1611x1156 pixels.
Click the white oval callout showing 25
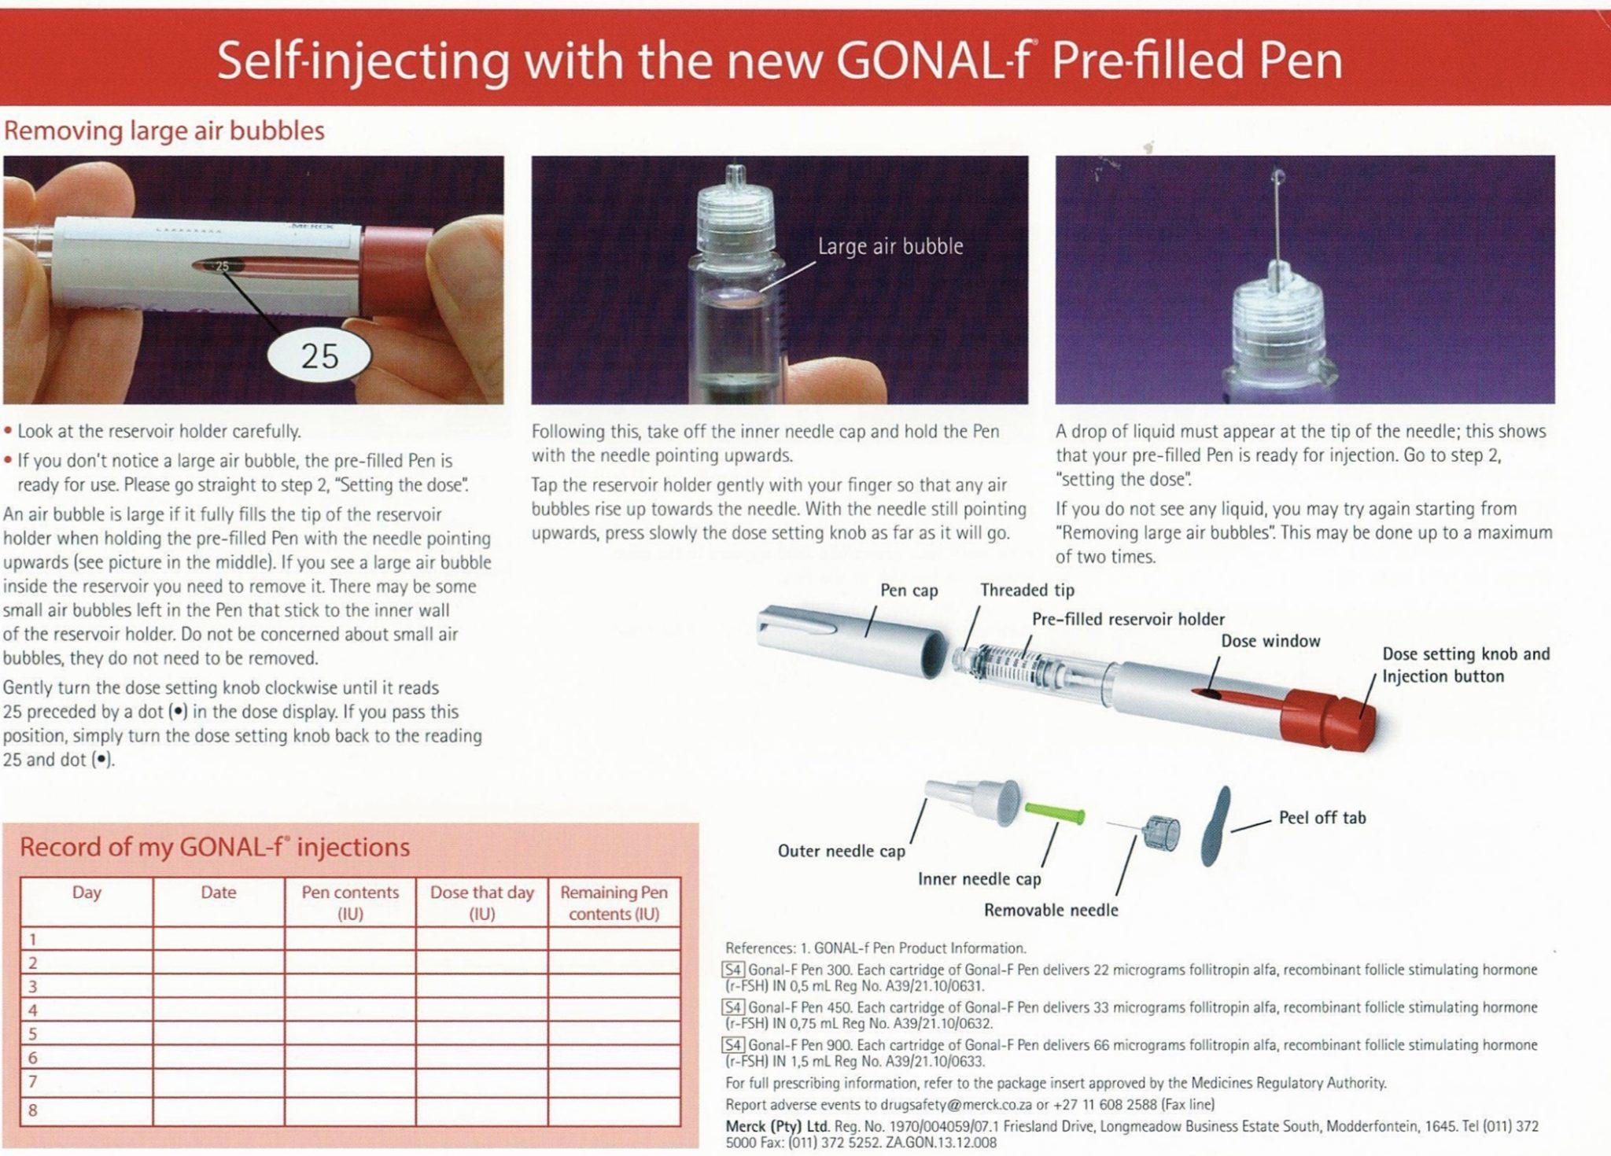coord(319,356)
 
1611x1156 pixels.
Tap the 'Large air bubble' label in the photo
coord(890,247)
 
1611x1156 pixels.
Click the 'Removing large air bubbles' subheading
coord(164,131)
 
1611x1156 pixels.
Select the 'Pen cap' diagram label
coord(909,591)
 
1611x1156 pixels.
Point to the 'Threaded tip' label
coord(1027,591)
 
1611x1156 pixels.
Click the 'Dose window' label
coord(1270,641)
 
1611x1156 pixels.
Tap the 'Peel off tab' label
coord(1322,818)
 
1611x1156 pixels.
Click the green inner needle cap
coord(1055,813)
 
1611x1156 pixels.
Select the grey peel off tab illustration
coord(1215,826)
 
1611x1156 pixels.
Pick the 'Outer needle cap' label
coord(841,851)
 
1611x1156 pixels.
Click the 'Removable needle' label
coord(1050,910)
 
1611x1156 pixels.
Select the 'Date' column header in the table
coord(218,893)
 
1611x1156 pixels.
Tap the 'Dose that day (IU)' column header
coord(481,903)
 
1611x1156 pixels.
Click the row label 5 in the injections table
coord(33,1033)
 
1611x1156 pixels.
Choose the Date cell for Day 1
coord(218,939)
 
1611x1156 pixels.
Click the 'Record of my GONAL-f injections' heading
coord(214,847)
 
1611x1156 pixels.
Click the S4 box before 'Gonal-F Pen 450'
coord(733,1007)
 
